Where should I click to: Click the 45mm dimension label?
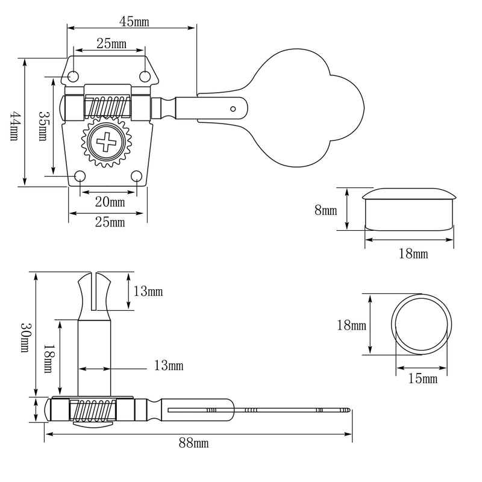(134, 22)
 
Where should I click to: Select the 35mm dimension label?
(43, 125)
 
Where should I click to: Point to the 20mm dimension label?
(110, 202)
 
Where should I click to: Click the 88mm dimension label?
(193, 443)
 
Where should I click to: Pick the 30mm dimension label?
(26, 337)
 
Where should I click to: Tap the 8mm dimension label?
(326, 210)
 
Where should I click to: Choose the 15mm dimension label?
(423, 378)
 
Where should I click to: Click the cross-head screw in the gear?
(107, 142)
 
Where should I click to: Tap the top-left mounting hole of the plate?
(73, 77)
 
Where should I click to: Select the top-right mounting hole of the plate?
(145, 77)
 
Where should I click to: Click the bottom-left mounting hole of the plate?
(80, 176)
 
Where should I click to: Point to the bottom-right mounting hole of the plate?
(137, 176)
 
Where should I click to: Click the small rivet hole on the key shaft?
(233, 109)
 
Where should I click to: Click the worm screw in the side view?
(93, 410)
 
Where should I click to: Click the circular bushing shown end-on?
(421, 325)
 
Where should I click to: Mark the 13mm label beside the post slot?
(148, 292)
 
